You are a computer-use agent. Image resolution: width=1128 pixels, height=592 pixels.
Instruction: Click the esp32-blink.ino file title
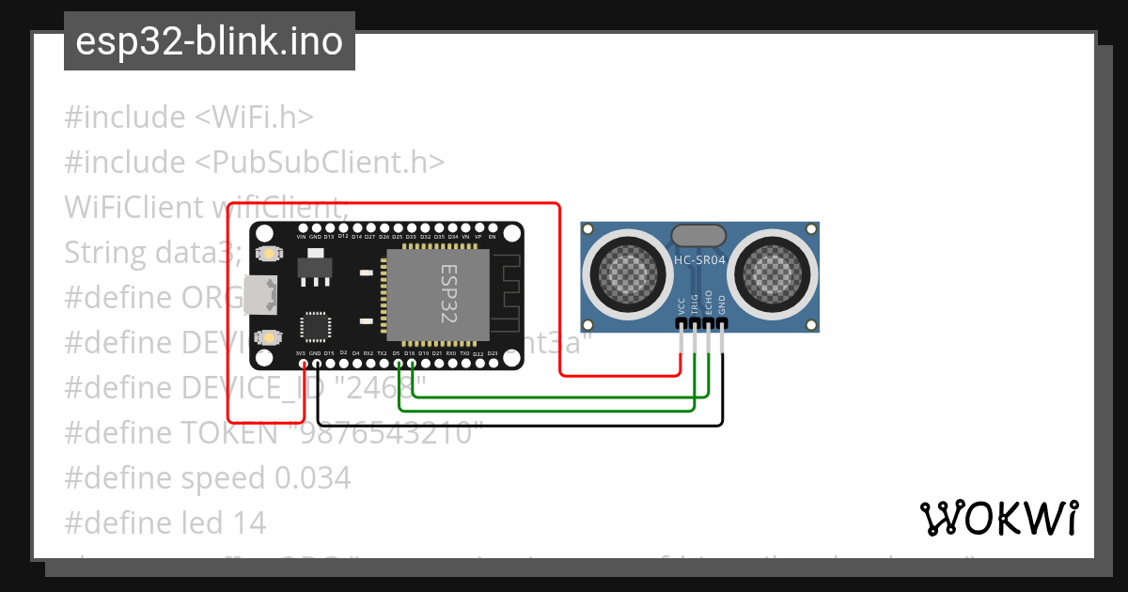point(209,42)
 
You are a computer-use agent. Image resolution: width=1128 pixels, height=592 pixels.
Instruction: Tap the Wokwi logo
point(998,518)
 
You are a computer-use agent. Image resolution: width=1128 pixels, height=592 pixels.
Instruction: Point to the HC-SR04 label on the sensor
point(700,259)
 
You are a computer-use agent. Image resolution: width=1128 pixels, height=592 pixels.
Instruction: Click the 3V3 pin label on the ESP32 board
point(301,353)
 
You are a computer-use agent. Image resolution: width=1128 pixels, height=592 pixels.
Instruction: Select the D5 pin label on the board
point(397,353)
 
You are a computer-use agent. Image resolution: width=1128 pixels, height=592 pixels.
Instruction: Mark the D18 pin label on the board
point(410,353)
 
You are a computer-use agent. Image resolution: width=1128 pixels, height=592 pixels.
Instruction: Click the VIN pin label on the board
point(302,237)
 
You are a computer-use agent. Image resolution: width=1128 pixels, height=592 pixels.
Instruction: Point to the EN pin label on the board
point(492,237)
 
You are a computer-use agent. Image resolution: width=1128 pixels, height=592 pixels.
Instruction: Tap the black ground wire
point(517,426)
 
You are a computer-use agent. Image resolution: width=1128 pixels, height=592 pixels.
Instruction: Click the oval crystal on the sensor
point(698,235)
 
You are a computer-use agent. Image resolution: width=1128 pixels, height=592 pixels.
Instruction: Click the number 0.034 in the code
point(313,478)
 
